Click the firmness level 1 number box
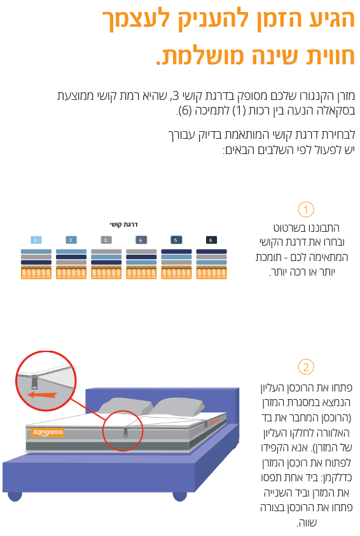click(x=36, y=240)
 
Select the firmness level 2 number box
click(x=71, y=240)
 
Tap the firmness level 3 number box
click(x=106, y=240)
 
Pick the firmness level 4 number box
click(x=141, y=240)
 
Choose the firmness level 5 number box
click(x=176, y=240)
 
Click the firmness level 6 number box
click(x=211, y=240)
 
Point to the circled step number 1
click(x=306, y=210)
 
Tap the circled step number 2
click(x=306, y=367)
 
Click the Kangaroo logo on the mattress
click(x=47, y=432)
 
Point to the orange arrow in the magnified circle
click(x=42, y=395)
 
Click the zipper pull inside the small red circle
click(x=126, y=432)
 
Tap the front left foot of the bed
click(x=15, y=497)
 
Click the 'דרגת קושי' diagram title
click(x=123, y=225)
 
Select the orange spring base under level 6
click(x=211, y=273)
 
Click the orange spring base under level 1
click(x=36, y=273)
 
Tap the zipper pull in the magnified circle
click(x=35, y=382)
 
